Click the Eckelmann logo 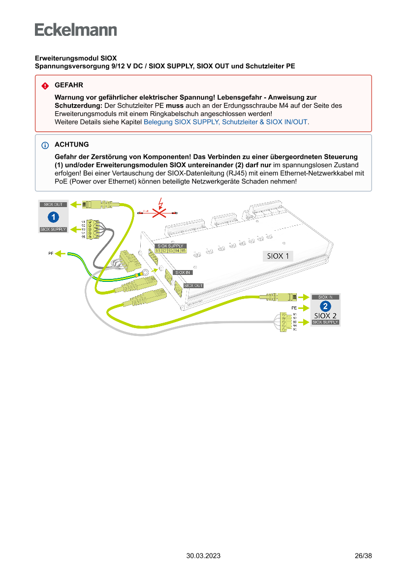click(76, 30)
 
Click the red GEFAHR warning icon click(45, 86)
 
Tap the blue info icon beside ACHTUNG click(45, 145)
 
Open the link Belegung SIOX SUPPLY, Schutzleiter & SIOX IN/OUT click(225, 121)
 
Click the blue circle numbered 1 click(53, 217)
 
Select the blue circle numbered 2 click(325, 306)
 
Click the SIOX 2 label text click(325, 315)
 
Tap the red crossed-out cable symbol click(158, 213)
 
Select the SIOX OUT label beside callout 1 click(53, 204)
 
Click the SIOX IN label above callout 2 click(325, 297)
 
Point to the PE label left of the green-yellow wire click(51, 253)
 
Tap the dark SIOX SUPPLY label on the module click(170, 245)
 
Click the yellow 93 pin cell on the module click(170, 251)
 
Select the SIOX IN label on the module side click(183, 272)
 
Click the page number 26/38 click(363, 556)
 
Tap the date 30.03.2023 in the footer click(203, 556)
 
